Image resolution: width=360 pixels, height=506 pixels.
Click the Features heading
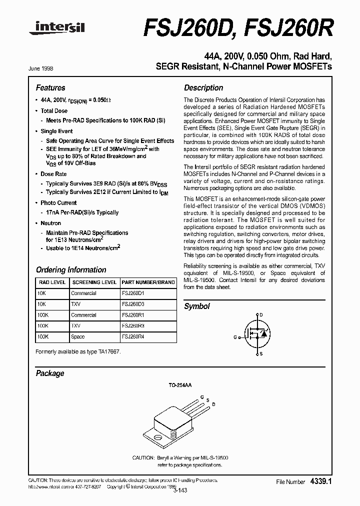pos(50,87)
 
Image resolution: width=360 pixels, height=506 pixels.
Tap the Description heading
pos(203,87)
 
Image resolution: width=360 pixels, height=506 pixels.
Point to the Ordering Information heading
pos(70,269)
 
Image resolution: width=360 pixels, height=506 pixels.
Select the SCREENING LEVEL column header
pos(94,282)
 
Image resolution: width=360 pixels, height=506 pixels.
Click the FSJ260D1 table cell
pos(133,293)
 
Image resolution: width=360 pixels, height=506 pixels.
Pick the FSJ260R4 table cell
pos(133,337)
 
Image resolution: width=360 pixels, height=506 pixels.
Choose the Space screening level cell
pos(78,337)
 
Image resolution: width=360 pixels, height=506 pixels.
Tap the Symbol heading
pos(197,306)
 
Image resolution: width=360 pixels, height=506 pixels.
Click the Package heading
pos(50,373)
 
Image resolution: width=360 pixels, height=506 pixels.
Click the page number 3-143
pos(179,490)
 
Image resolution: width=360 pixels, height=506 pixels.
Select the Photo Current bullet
pos(58,203)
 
